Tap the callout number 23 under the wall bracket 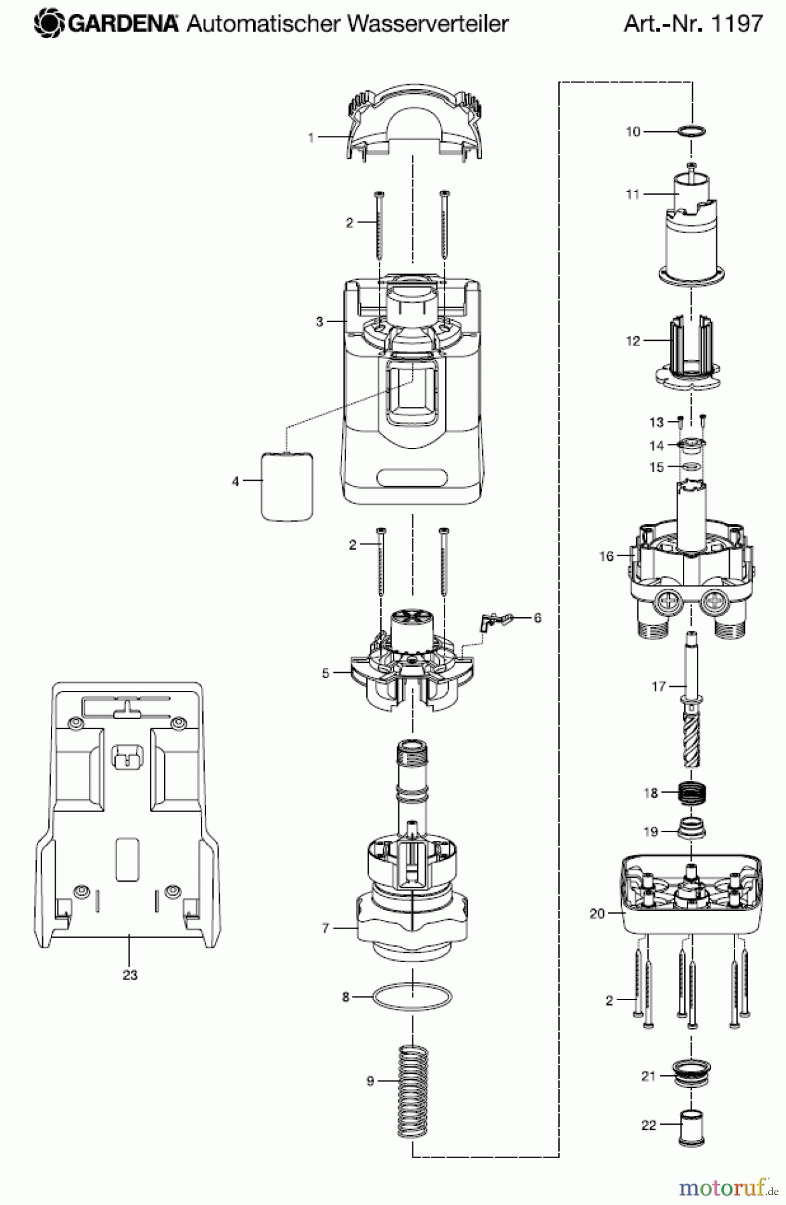point(130,975)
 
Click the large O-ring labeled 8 point(412,997)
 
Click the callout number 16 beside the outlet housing point(606,556)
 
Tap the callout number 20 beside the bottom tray point(597,914)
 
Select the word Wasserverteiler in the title point(428,24)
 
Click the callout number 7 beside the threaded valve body point(326,928)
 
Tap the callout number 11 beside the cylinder point(633,195)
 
